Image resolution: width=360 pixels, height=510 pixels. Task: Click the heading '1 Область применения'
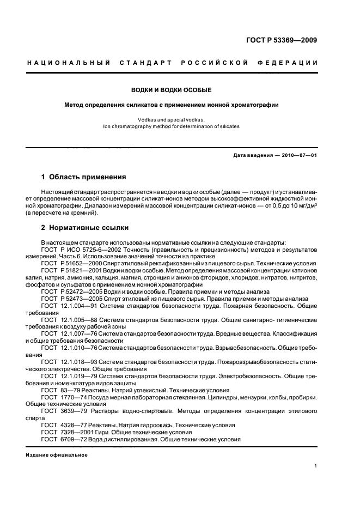pyautogui.click(x=84, y=177)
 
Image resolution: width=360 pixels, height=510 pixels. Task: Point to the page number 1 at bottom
pyautogui.click(x=316, y=465)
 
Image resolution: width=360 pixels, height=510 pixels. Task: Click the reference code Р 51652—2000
pyautogui.click(x=80, y=263)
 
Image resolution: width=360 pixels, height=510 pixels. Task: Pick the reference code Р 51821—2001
pyautogui.click(x=80, y=270)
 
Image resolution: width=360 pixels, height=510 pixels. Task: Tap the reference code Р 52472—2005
pyautogui.click(x=80, y=292)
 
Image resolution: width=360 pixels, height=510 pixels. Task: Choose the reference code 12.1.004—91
pyautogui.click(x=80, y=306)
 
